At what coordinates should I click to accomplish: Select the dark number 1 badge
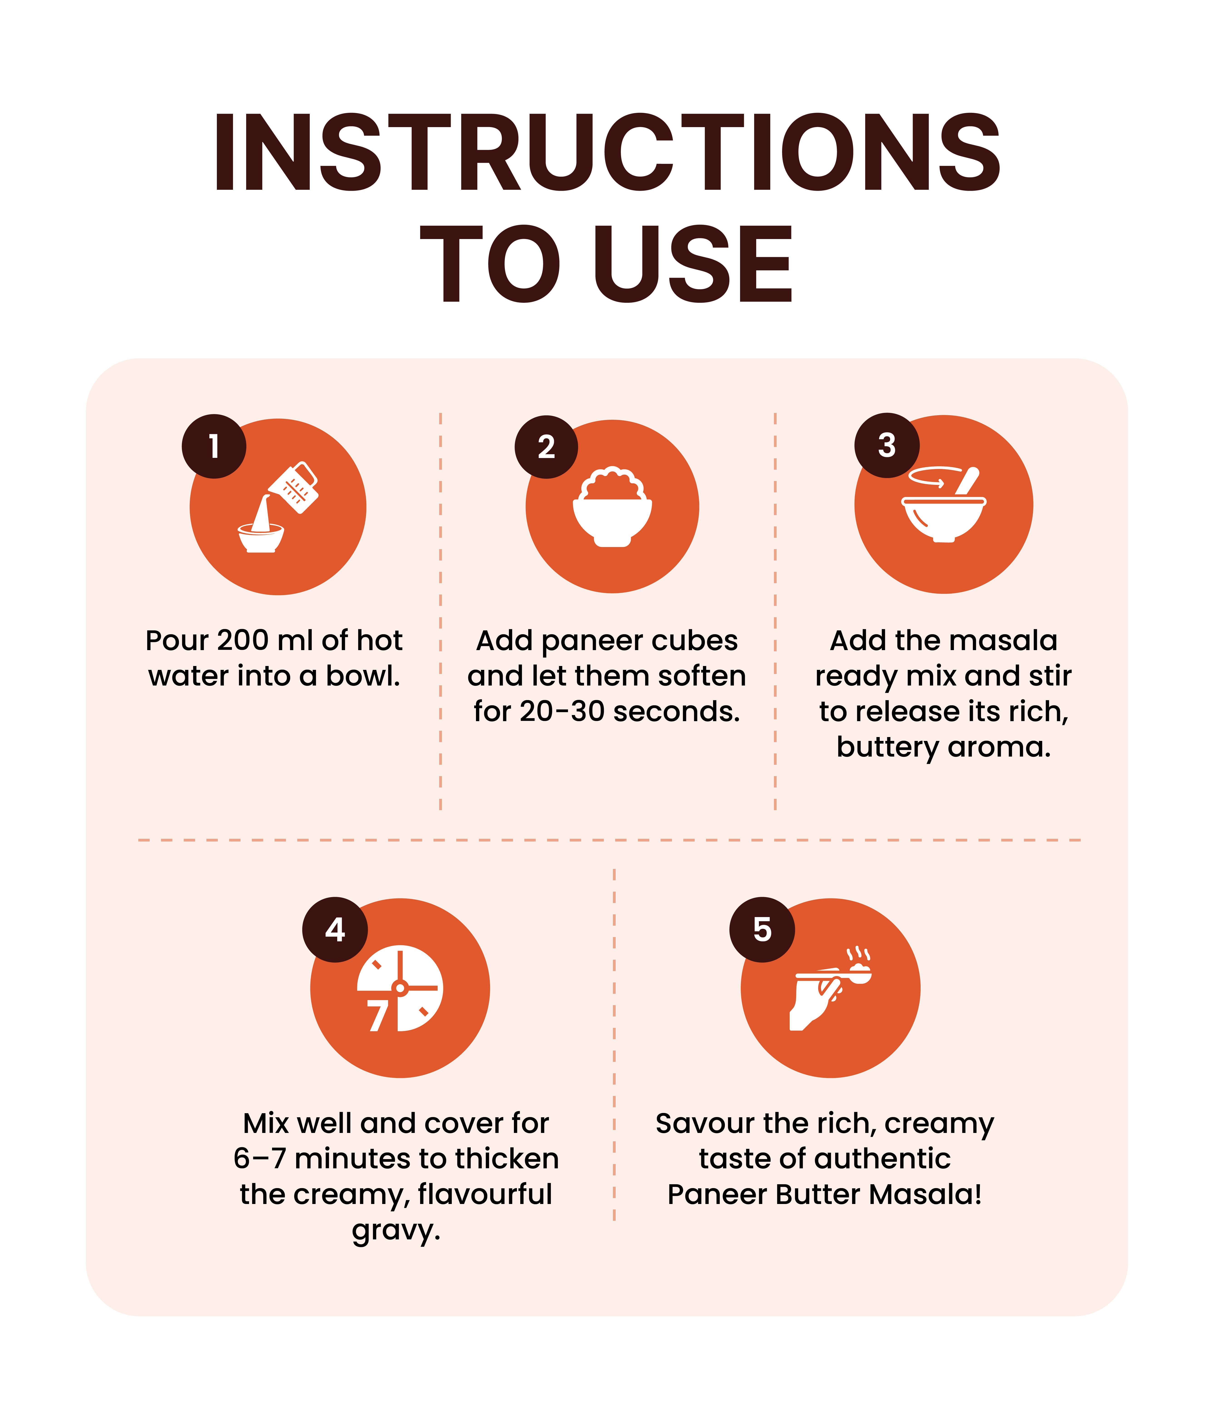click(x=214, y=446)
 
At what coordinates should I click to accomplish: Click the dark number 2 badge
click(x=546, y=447)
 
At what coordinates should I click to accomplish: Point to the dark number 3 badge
click(x=887, y=445)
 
